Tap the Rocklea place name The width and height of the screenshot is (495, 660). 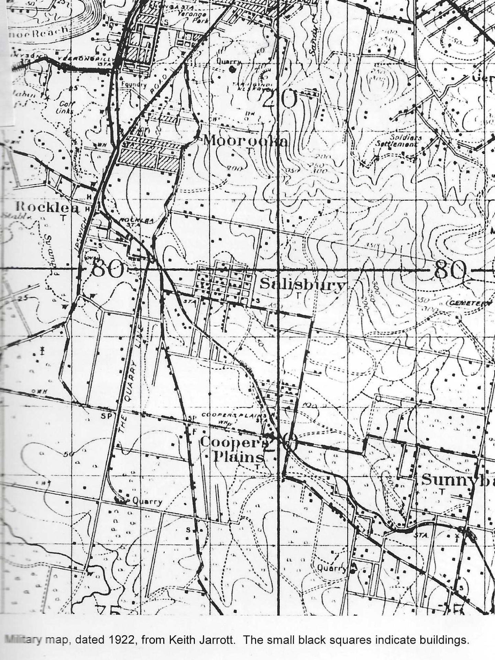[x=47, y=207]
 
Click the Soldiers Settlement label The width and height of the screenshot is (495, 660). [x=399, y=141]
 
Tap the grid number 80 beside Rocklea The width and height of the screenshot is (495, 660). [x=107, y=269]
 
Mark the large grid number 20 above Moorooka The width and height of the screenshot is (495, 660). [x=279, y=99]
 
